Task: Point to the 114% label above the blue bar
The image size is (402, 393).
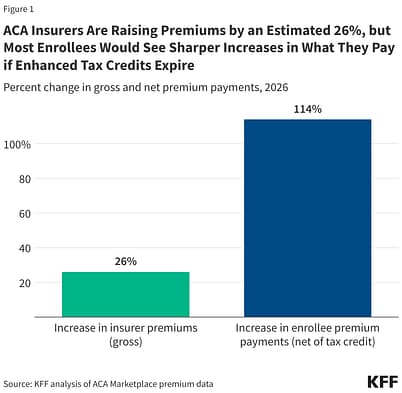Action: [307, 108]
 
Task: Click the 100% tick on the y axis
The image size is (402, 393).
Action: [19, 144]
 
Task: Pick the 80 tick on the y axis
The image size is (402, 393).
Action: [24, 179]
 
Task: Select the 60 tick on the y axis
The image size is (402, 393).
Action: [24, 213]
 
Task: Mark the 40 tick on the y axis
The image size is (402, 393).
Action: [24, 248]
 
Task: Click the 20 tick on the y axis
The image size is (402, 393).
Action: [24, 282]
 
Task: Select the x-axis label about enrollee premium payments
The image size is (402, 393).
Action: [307, 335]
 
